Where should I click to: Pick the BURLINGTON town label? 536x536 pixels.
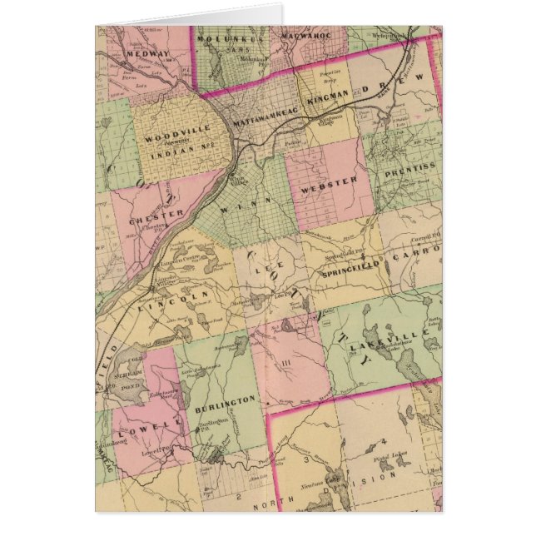click(224, 401)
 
